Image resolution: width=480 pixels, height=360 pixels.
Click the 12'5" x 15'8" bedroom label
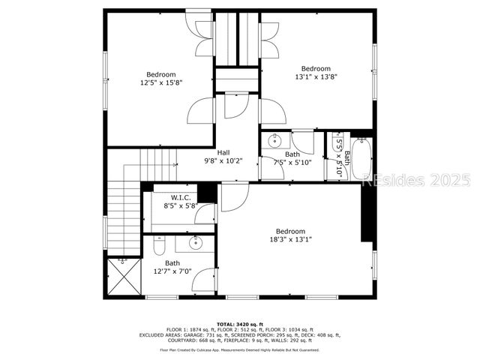tap(160, 79)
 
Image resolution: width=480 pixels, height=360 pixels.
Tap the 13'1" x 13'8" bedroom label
tap(316, 73)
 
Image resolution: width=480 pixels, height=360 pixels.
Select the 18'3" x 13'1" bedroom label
tap(290, 235)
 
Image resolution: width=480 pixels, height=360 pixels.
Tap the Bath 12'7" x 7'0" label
tap(172, 267)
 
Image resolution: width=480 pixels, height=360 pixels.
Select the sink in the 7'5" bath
tap(274, 140)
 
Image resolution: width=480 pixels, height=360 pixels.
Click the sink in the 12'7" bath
tap(196, 241)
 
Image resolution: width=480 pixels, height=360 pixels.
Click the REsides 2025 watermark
tap(415, 180)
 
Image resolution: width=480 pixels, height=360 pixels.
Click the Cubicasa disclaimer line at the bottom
tap(240, 349)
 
